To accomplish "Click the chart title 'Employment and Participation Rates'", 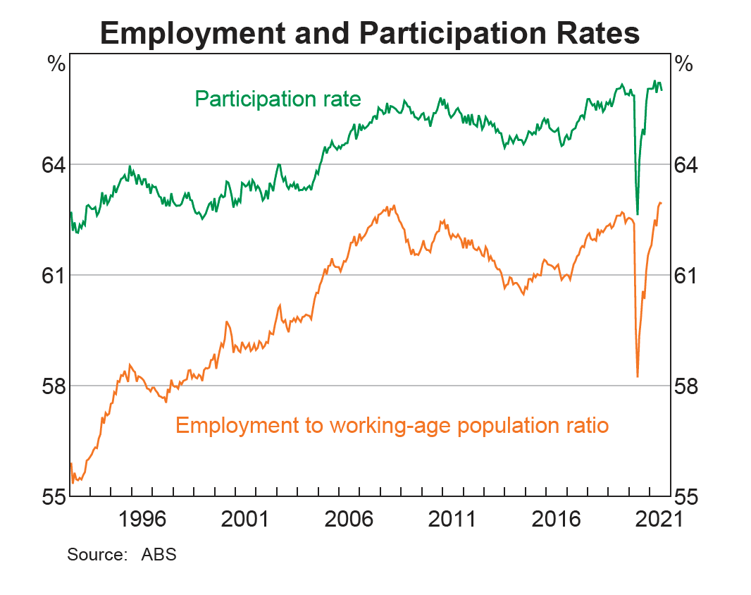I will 370,33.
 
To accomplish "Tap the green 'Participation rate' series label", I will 278,99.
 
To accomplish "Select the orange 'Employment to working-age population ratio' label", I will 392,426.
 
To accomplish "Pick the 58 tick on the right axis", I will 689,386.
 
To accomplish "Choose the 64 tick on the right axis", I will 689,165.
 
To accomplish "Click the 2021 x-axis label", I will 653,520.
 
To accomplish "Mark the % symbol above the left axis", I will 56,64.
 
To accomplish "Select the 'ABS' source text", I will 159,554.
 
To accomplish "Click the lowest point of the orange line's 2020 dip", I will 638,376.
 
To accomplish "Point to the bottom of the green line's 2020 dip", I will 637,214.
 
